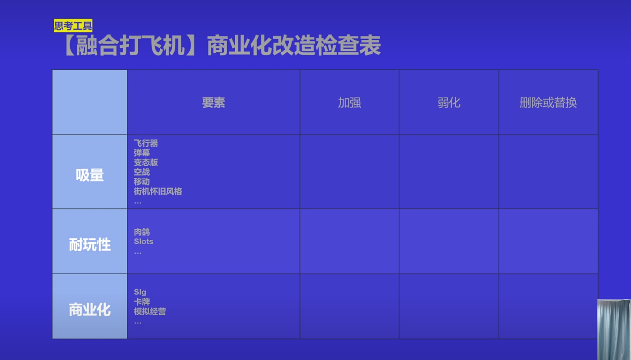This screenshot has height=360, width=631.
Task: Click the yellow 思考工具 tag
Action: [x=73, y=25]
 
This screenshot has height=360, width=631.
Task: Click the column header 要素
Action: [x=213, y=102]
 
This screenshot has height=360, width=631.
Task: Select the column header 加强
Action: [x=349, y=102]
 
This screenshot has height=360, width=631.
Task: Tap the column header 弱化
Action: [x=449, y=102]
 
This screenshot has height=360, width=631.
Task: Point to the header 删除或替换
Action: [x=548, y=102]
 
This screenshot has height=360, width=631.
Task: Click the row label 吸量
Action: [x=90, y=175]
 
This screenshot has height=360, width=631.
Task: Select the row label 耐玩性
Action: [x=90, y=245]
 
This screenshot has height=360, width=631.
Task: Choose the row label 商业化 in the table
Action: [x=90, y=309]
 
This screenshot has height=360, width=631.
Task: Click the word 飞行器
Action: [x=146, y=143]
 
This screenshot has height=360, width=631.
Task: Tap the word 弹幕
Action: [x=142, y=153]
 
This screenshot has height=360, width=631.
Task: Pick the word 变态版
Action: [x=146, y=162]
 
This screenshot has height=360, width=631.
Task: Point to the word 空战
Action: [x=142, y=172]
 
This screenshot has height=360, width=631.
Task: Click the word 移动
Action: [x=142, y=182]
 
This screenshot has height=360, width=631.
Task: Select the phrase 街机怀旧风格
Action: [x=158, y=191]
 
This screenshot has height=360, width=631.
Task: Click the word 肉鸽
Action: [x=142, y=232]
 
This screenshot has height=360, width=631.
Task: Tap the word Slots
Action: [x=143, y=242]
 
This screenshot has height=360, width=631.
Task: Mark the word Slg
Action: [x=140, y=292]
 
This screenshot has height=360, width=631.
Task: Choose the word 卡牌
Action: [x=142, y=302]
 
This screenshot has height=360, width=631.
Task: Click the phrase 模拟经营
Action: [x=150, y=312]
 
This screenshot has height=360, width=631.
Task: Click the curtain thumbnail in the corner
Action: [x=614, y=330]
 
